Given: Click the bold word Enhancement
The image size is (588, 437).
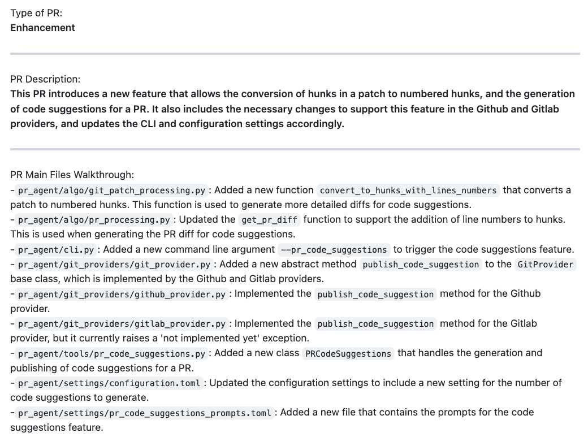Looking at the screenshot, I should pyautogui.click(x=42, y=28).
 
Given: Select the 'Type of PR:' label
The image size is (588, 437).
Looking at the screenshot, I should pyautogui.click(x=36, y=14).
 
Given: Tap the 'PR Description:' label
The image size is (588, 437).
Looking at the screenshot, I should pyautogui.click(x=45, y=79).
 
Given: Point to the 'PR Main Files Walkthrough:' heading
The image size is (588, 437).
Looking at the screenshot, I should pyautogui.click(x=72, y=175).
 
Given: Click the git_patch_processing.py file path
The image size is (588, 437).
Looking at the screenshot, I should pyautogui.click(x=111, y=191).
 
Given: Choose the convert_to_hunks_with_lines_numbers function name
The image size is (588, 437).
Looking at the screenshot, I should pyautogui.click(x=408, y=191).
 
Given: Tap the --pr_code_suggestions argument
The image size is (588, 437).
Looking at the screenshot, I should pyautogui.click(x=334, y=250).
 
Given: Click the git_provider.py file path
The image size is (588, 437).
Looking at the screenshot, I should pyautogui.click(x=114, y=265).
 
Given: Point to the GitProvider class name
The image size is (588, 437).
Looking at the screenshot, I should pyautogui.click(x=546, y=265).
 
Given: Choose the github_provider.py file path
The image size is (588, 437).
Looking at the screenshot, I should pyautogui.click(x=122, y=294).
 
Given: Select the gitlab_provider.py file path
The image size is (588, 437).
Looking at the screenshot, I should pyautogui.click(x=122, y=324).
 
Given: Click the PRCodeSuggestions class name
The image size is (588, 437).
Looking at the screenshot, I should pyautogui.click(x=348, y=354).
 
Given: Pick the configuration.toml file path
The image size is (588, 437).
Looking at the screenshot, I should pyautogui.click(x=109, y=383).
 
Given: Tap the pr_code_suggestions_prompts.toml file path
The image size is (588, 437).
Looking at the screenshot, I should pyautogui.click(x=144, y=413).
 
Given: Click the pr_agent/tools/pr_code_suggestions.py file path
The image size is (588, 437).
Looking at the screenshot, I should pyautogui.click(x=111, y=354).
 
